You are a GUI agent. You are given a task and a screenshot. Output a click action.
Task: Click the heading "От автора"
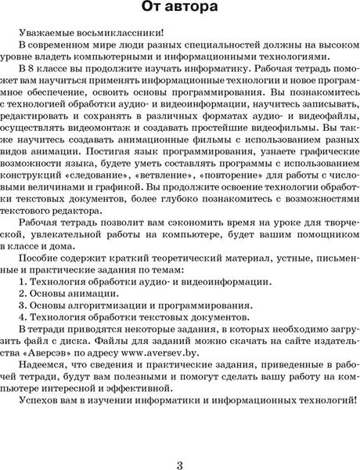point(180,9)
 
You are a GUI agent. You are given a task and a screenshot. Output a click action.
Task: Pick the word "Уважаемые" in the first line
point(44,34)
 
